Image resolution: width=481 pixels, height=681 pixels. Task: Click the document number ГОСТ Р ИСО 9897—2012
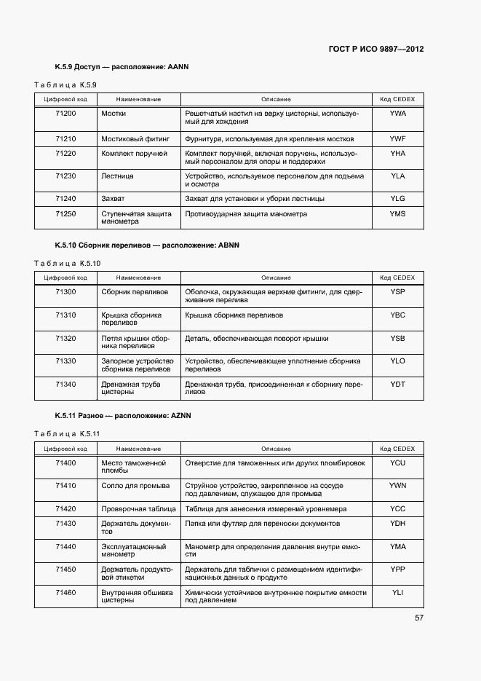376,50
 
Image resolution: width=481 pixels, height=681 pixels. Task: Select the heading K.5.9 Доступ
122,67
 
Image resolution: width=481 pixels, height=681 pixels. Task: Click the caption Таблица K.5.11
67,433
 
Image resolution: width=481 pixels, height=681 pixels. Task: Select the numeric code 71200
65,114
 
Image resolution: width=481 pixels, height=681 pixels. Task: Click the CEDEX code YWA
397,114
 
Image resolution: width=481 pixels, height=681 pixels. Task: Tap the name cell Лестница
117,176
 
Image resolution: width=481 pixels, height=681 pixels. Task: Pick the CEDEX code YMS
397,214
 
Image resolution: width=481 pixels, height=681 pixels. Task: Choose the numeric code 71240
65,198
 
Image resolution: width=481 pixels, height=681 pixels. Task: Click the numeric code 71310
65,315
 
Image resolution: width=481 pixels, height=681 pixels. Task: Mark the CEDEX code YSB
397,338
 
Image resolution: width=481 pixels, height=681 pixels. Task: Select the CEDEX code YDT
397,384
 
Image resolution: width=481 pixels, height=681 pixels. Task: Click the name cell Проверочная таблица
138,508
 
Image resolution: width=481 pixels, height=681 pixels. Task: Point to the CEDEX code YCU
397,462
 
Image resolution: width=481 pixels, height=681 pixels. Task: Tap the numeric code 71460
65,593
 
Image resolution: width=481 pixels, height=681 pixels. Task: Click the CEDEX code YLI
397,593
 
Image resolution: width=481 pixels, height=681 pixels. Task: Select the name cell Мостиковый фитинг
135,138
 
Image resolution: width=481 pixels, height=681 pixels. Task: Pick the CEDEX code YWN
397,485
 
